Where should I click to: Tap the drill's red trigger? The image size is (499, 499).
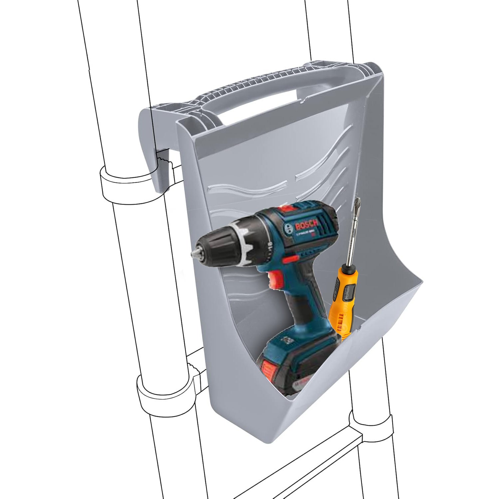275,279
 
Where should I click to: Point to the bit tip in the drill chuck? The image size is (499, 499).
193,253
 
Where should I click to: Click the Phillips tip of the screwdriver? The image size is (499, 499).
358,203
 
